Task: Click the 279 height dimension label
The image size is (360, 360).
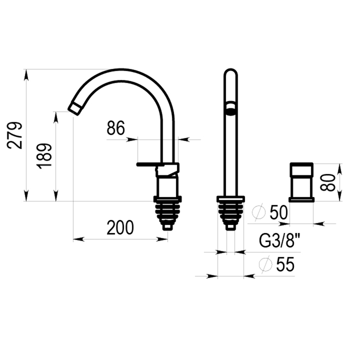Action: point(15,135)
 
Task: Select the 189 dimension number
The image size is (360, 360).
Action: point(44,156)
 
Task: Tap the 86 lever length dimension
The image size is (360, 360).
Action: point(116,128)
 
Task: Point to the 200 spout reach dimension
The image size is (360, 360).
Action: point(120,227)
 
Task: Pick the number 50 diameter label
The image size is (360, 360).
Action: point(279,212)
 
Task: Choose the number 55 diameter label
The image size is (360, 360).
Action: point(285,264)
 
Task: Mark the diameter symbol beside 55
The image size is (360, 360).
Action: point(265,264)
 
